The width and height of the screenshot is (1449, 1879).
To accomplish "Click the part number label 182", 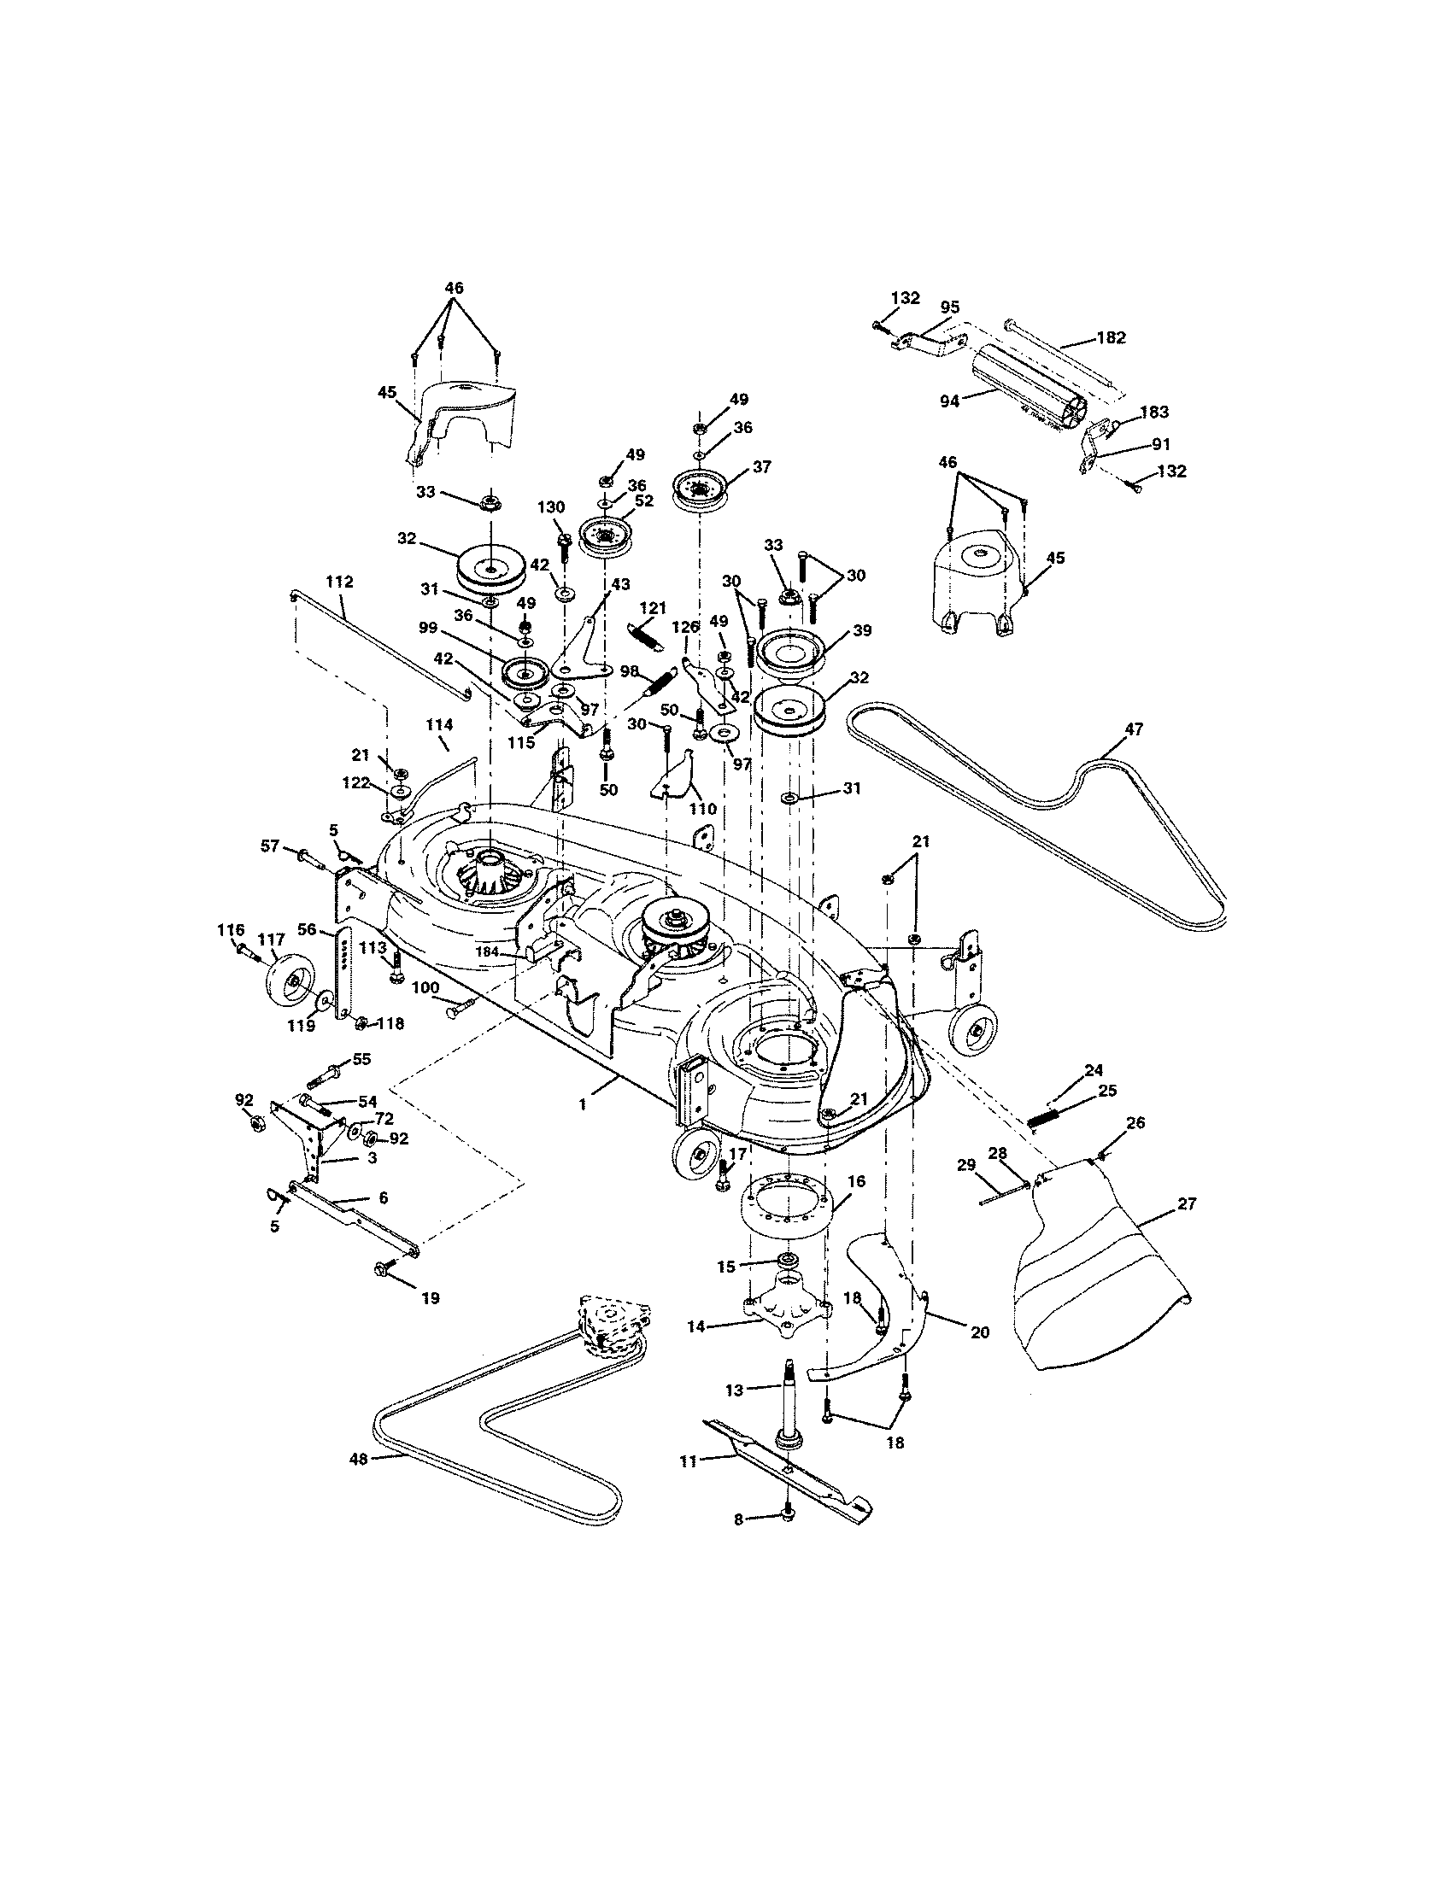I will tap(1111, 338).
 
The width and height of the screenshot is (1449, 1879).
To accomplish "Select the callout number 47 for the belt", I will tap(1133, 729).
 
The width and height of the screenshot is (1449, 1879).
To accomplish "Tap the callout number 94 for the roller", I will tap(949, 401).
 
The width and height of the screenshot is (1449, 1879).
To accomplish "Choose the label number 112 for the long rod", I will tap(339, 582).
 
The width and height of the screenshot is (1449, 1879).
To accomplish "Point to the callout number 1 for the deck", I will tap(583, 1103).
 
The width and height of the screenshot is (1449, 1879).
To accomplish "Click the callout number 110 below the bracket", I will tap(703, 810).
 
